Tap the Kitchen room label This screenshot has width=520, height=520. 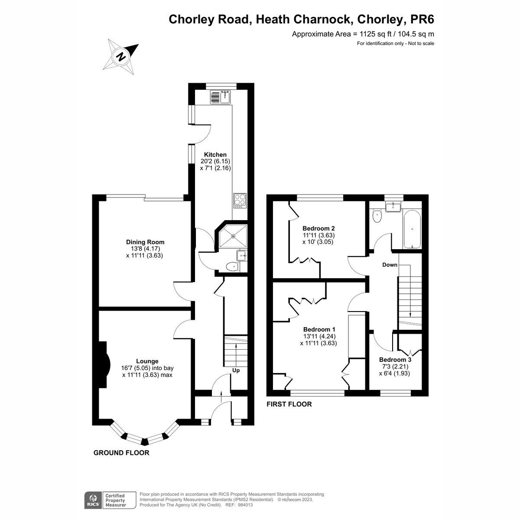215,155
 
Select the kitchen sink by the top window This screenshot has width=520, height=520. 221,97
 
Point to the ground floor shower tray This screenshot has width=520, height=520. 234,236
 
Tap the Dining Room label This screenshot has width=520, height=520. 145,242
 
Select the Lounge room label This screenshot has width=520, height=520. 147,361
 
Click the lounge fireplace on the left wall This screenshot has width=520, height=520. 104,364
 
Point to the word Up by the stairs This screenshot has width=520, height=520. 236,370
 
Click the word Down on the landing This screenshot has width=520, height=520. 390,265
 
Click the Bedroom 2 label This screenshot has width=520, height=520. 318,228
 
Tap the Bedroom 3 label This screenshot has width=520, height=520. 395,360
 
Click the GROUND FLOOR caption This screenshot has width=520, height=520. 121,453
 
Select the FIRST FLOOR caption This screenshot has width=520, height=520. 289,404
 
